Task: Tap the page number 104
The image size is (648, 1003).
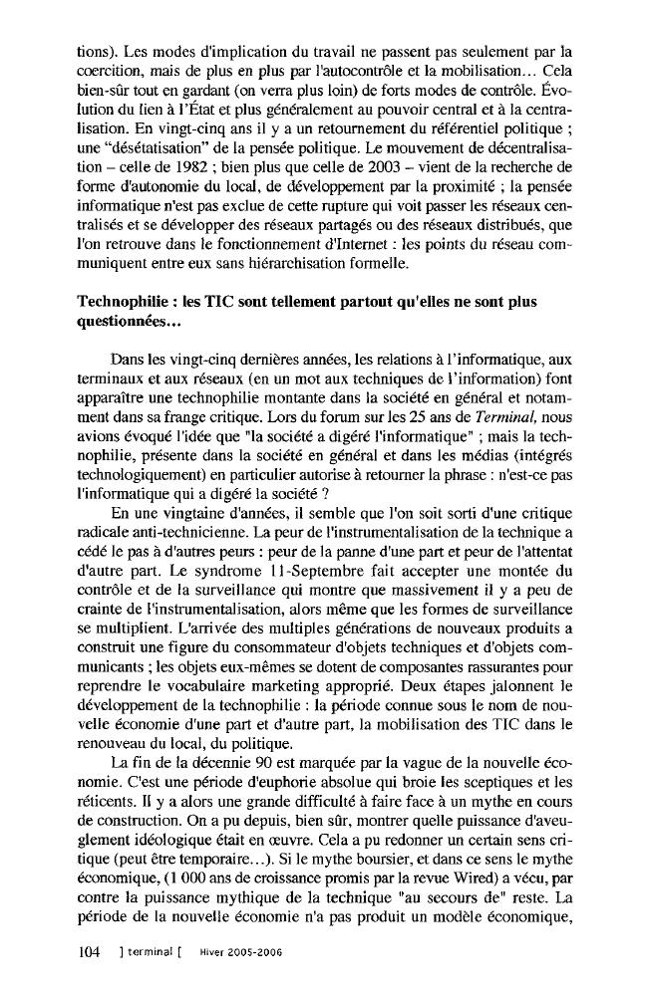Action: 91,951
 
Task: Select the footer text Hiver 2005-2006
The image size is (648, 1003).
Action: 239,952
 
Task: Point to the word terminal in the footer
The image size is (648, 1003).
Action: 147,952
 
